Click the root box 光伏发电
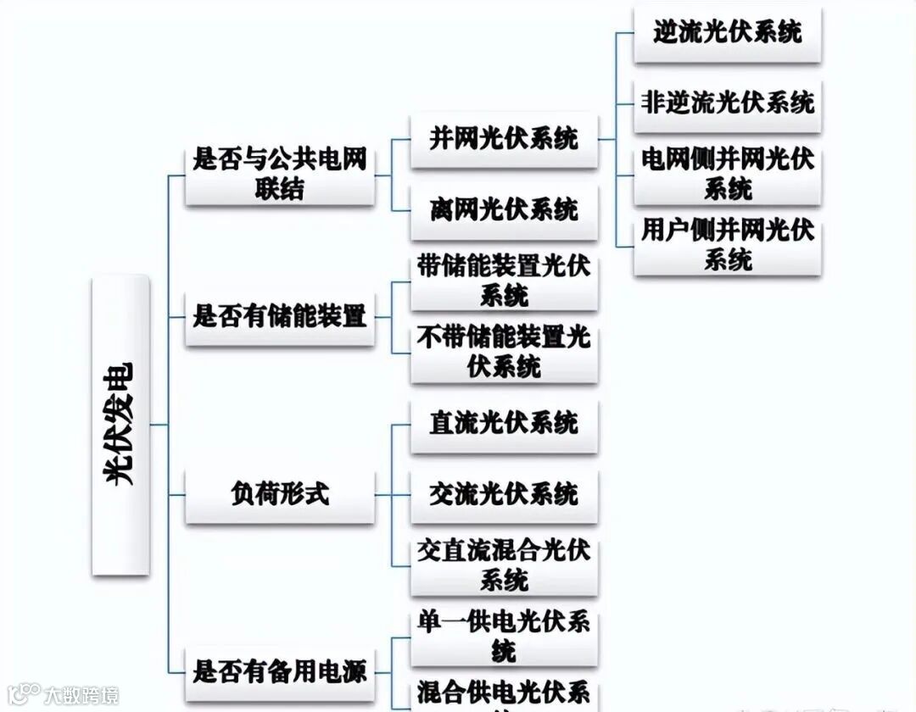[120, 425]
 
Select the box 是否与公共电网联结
[279, 174]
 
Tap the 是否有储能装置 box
[279, 317]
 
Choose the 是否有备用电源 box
[279, 672]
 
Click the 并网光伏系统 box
[504, 138]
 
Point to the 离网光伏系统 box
[504, 209]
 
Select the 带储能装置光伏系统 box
[504, 281]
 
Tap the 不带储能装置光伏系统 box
[504, 352]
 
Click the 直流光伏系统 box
[504, 423]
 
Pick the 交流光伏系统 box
[504, 494]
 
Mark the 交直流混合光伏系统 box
[504, 565]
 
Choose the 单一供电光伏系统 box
[504, 637]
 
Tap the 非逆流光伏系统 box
[727, 103]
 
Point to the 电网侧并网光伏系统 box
[727, 174]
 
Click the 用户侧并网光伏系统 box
[727, 244]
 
